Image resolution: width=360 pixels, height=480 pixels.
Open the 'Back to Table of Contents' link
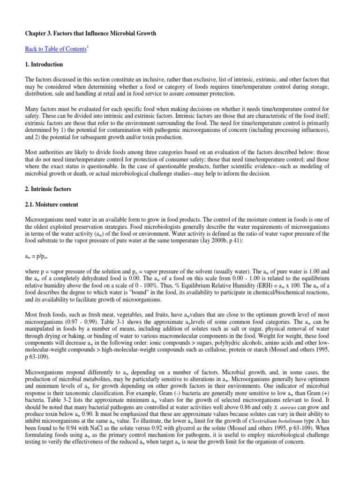tap(57, 49)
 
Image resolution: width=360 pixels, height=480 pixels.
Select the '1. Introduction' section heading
tap(44, 64)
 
